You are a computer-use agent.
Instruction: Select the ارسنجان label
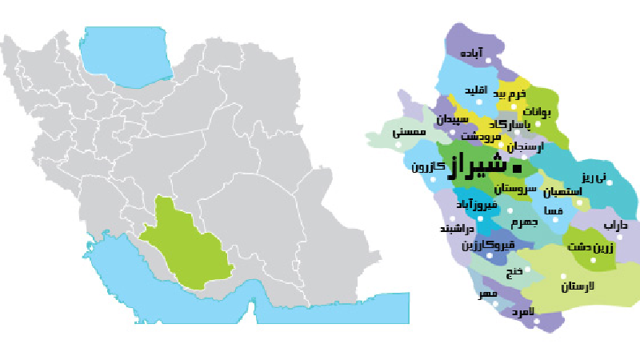tap(525, 147)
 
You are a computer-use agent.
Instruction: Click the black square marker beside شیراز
tap(516, 169)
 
